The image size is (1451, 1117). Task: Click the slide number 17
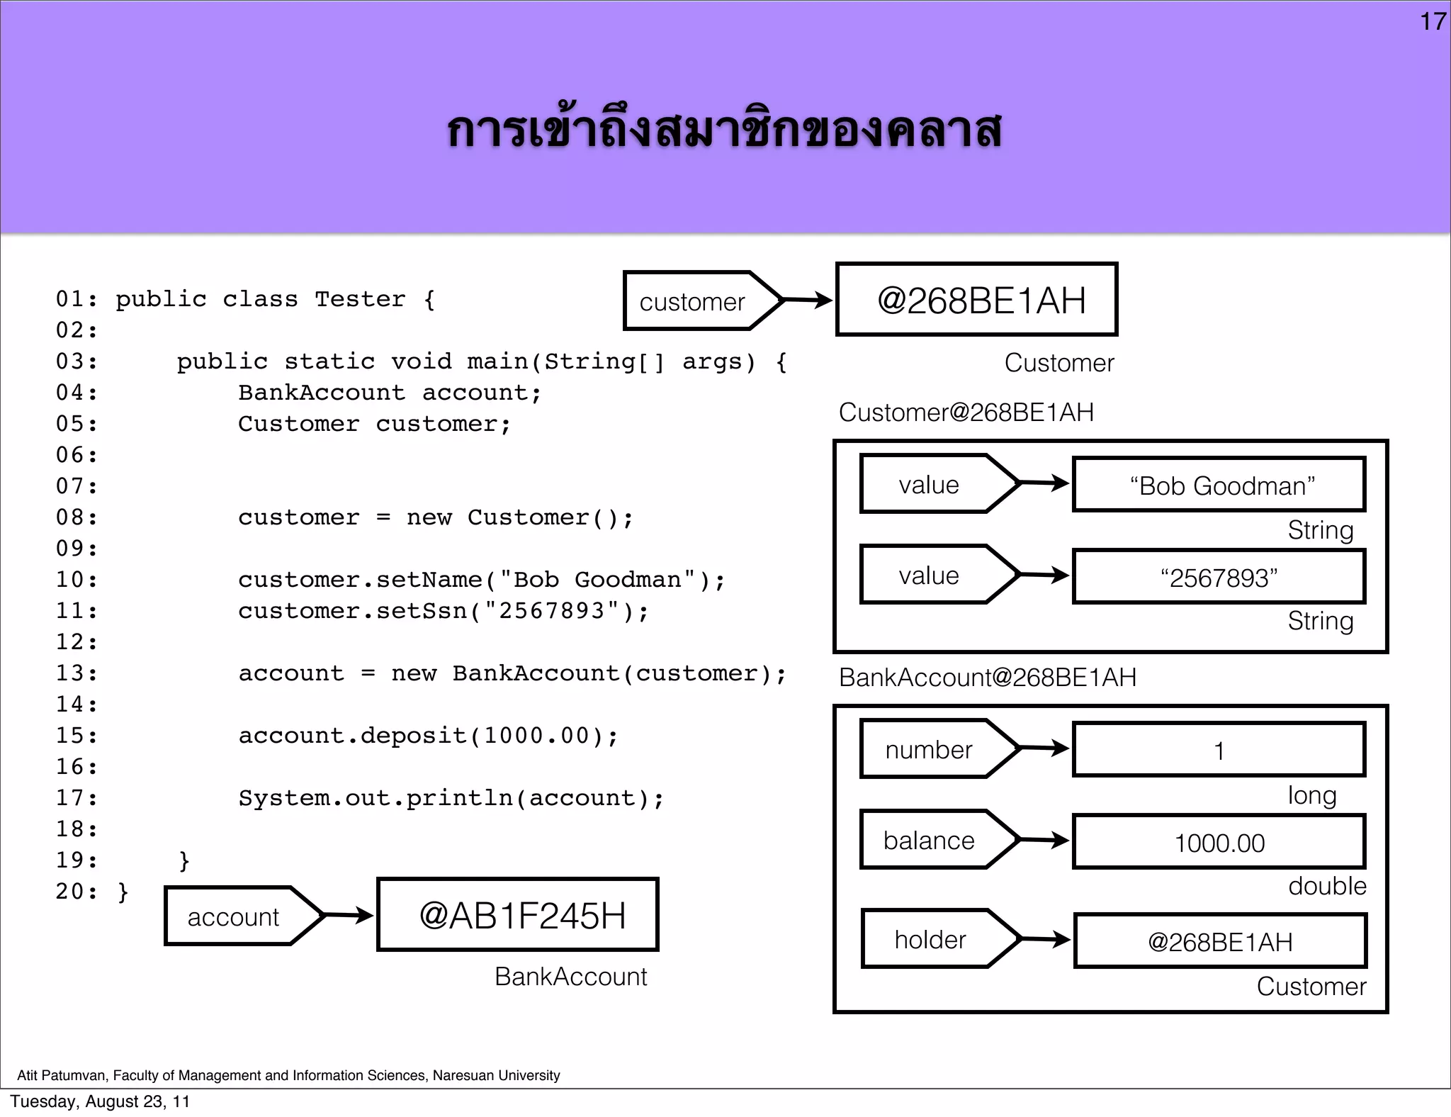point(1433,22)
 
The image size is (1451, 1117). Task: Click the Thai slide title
point(724,131)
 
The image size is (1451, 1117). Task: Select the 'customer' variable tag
point(692,301)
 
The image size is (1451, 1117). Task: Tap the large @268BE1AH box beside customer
point(976,300)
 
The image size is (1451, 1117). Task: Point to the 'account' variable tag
point(233,916)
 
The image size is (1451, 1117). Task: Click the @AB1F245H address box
point(518,915)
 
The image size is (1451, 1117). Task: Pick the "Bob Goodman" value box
point(1219,485)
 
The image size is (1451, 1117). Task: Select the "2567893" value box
point(1219,577)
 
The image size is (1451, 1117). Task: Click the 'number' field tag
point(928,749)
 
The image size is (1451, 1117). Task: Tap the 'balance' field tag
point(928,841)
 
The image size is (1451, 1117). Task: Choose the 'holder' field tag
point(930,940)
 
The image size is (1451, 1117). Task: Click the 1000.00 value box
point(1219,842)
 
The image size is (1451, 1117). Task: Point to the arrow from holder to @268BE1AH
point(1046,940)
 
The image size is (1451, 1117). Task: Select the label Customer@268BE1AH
point(966,412)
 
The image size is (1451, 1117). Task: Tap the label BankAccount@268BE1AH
point(987,678)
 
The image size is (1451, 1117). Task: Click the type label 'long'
point(1311,795)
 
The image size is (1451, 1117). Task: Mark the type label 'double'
point(1326,886)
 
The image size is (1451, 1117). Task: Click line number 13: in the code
point(77,673)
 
